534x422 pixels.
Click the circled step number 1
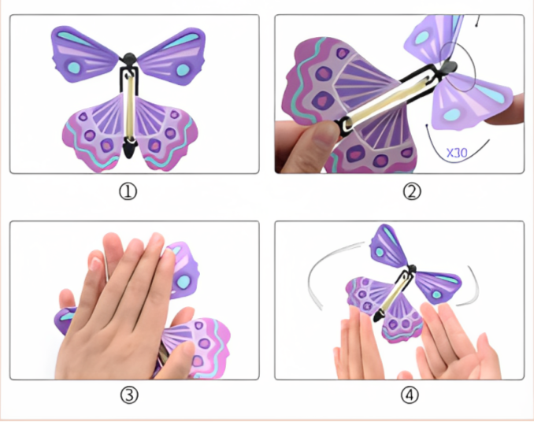click(x=128, y=191)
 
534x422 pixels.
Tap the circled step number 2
click(x=412, y=191)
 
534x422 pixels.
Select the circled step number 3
click(x=129, y=395)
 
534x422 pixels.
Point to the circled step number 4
click(x=410, y=395)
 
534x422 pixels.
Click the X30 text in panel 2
click(x=457, y=154)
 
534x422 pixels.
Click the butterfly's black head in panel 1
click(x=129, y=58)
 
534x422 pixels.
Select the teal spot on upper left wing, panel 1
click(x=73, y=67)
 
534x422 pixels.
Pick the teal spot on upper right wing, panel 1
click(x=183, y=70)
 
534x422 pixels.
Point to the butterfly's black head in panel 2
click(x=449, y=67)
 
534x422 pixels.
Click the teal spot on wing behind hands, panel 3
click(x=184, y=281)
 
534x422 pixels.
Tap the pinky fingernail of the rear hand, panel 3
click(x=96, y=264)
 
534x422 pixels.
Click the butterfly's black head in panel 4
click(x=412, y=268)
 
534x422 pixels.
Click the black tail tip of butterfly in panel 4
click(x=378, y=316)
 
